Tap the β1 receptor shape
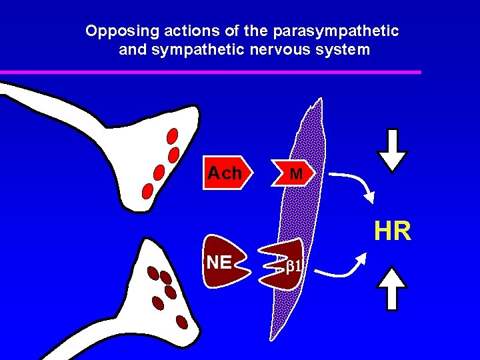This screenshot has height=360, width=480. click(283, 265)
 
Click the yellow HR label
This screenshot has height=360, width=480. click(392, 231)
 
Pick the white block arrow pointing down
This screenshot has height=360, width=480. click(392, 148)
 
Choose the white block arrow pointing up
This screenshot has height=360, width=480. click(392, 288)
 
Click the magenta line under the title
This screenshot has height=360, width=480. click(211, 72)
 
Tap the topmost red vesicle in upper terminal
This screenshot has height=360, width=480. click(172, 137)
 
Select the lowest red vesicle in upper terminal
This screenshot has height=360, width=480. click(148, 191)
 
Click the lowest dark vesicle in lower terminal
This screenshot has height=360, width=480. click(181, 322)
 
